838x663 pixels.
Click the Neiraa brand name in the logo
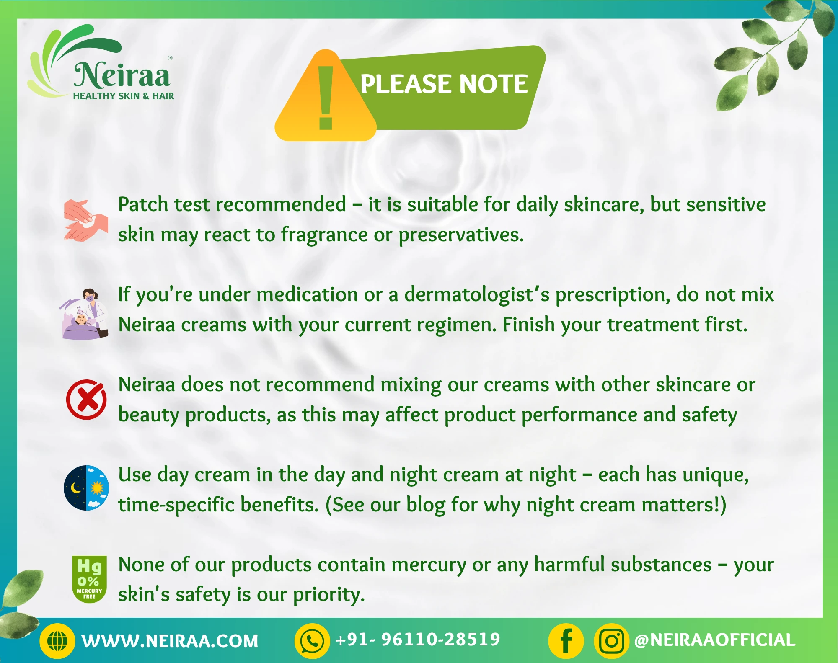pos(122,75)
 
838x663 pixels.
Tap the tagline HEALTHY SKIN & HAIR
pos(124,96)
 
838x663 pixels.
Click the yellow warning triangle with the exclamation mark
pos(326,95)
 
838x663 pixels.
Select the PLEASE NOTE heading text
pos(444,84)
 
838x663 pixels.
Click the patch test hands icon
pos(86,220)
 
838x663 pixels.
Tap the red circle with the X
pos(86,400)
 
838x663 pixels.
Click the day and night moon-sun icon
pos(86,488)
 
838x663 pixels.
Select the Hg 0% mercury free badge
pos(89,579)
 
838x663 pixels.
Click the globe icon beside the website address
pos(57,641)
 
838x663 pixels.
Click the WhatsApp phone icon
pos(312,641)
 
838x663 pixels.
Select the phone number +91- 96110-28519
pos(418,640)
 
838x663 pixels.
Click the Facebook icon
pos(566,641)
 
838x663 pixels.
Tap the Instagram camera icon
pos(612,641)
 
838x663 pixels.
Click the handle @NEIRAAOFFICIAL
pos(715,640)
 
